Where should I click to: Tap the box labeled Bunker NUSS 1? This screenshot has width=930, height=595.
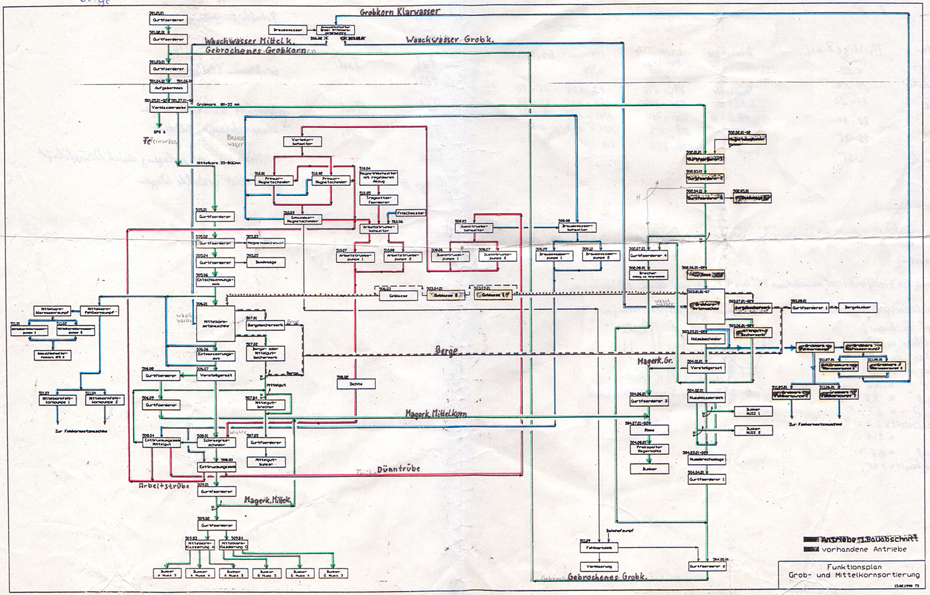(x=754, y=412)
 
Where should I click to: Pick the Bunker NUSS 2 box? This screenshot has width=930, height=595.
(x=754, y=429)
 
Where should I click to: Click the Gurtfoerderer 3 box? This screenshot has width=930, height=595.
(x=649, y=400)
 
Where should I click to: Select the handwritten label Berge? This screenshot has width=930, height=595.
(x=446, y=351)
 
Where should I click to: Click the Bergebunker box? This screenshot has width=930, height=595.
(x=857, y=307)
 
